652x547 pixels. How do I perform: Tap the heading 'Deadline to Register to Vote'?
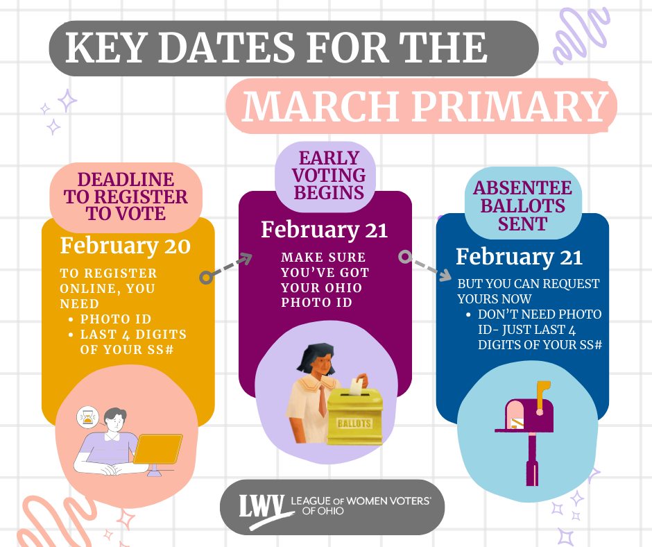[126, 196]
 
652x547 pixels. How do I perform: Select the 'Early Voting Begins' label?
[329, 175]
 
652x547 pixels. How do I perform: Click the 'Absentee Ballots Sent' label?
[522, 205]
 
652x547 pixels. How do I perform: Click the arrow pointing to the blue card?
[424, 267]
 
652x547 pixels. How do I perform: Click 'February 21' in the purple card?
[324, 230]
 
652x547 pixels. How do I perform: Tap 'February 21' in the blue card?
[519, 257]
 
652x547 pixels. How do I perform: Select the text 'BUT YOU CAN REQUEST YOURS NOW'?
[528, 291]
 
